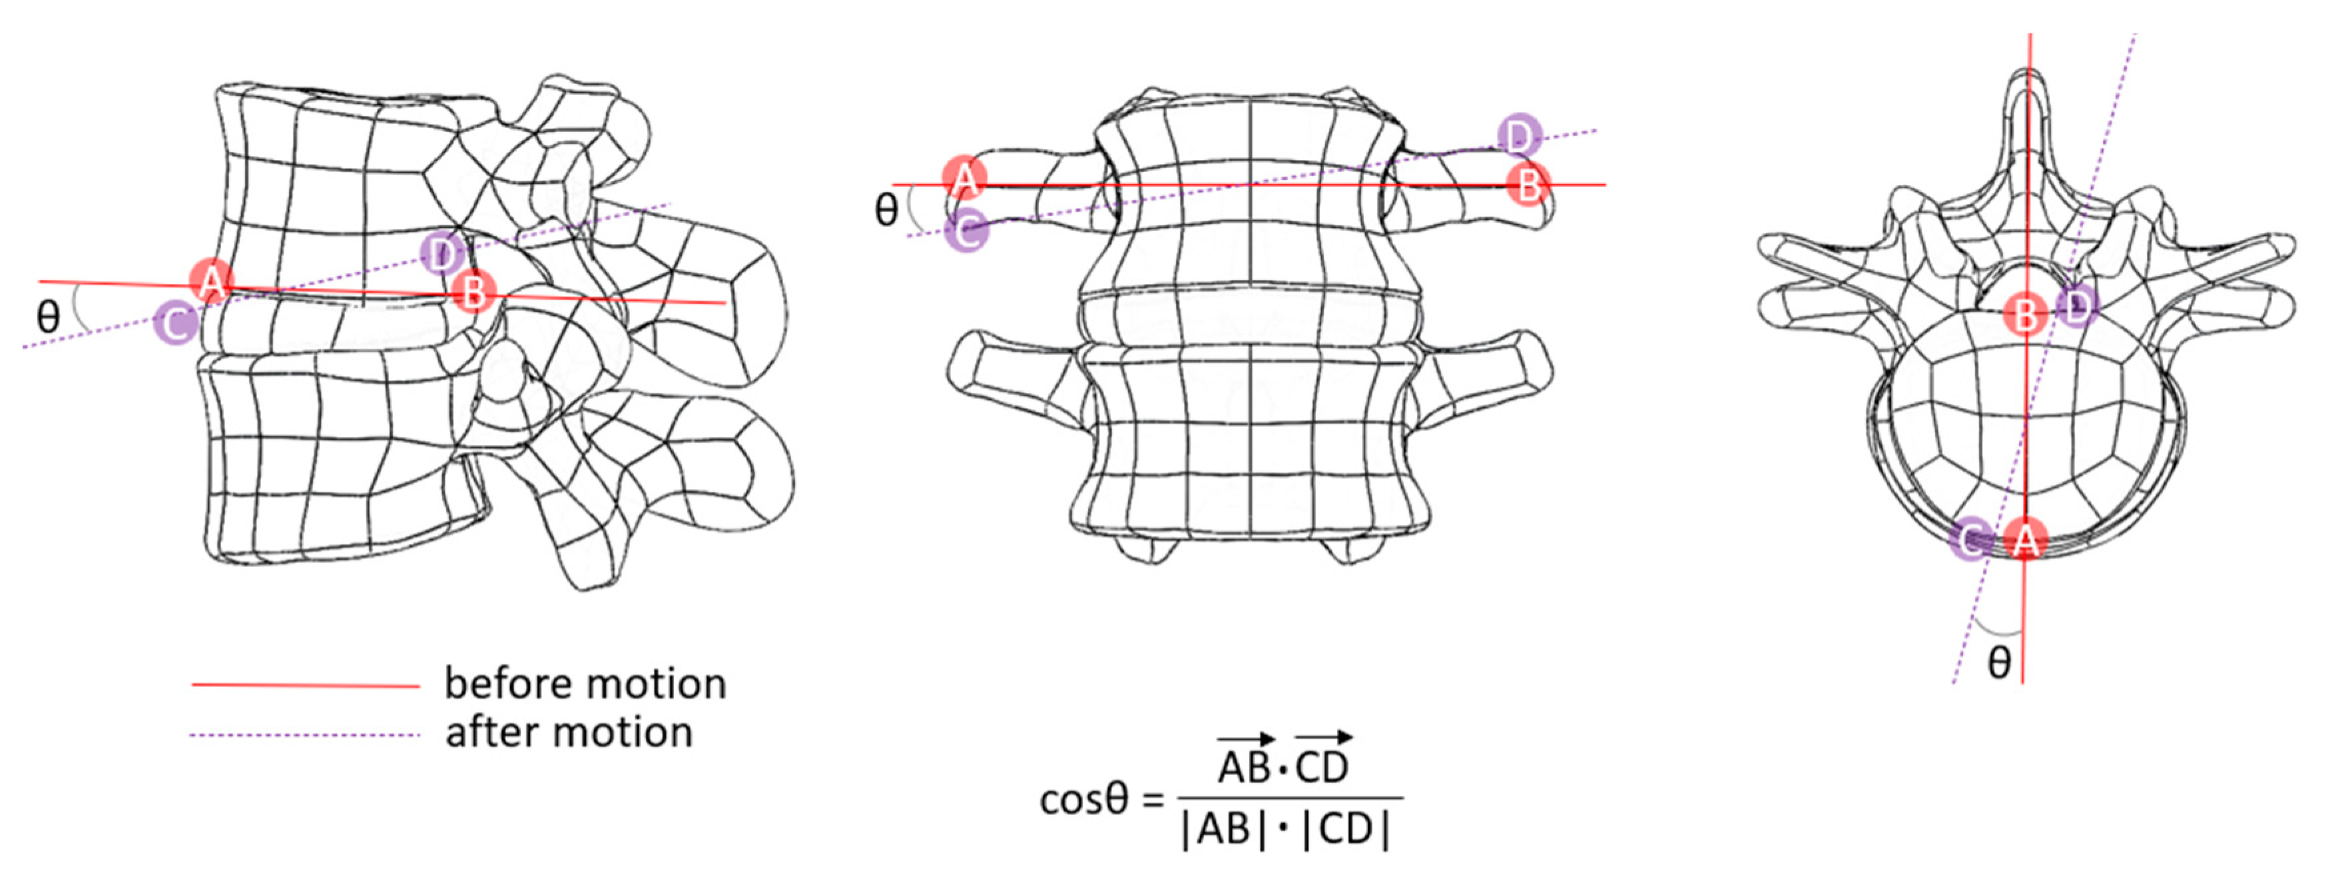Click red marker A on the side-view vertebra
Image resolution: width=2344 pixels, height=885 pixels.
[x=211, y=281]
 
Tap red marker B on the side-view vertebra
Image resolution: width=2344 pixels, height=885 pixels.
[x=473, y=293]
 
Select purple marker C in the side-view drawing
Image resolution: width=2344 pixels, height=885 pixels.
[x=176, y=323]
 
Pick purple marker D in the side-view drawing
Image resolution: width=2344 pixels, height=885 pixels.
[x=442, y=254]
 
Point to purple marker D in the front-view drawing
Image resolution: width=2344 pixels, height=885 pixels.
[x=1519, y=137]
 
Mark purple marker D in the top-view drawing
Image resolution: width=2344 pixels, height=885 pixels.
[x=2076, y=307]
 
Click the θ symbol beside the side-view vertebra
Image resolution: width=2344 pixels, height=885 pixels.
[x=47, y=317]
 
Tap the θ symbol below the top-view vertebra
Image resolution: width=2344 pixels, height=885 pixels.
[x=1999, y=663]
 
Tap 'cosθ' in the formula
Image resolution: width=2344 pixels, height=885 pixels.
[x=1083, y=800]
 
